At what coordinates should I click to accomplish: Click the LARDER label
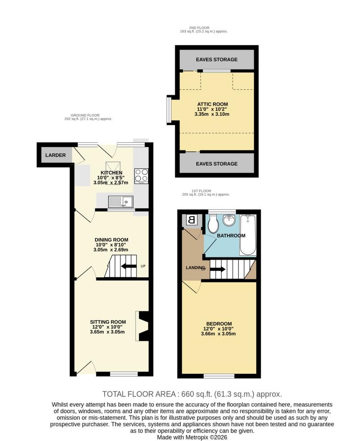point(56,155)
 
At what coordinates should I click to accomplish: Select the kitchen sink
point(121,202)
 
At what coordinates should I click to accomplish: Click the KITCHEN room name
point(112,173)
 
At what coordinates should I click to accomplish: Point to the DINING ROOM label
point(112,240)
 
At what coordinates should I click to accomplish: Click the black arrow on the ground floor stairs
point(129,266)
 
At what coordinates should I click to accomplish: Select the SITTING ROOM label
point(108,322)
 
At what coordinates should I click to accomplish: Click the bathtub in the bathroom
point(248,235)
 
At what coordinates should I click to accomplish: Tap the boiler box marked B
point(191,220)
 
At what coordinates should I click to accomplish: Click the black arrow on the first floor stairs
point(218,269)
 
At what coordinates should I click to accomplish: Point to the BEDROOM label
point(219,324)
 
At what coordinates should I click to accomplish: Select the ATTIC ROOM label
point(212,104)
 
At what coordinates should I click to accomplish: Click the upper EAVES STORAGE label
point(217,59)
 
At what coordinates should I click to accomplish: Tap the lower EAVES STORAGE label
point(217,164)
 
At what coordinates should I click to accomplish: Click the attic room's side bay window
point(168,110)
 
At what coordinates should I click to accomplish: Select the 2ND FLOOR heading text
point(199,28)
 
